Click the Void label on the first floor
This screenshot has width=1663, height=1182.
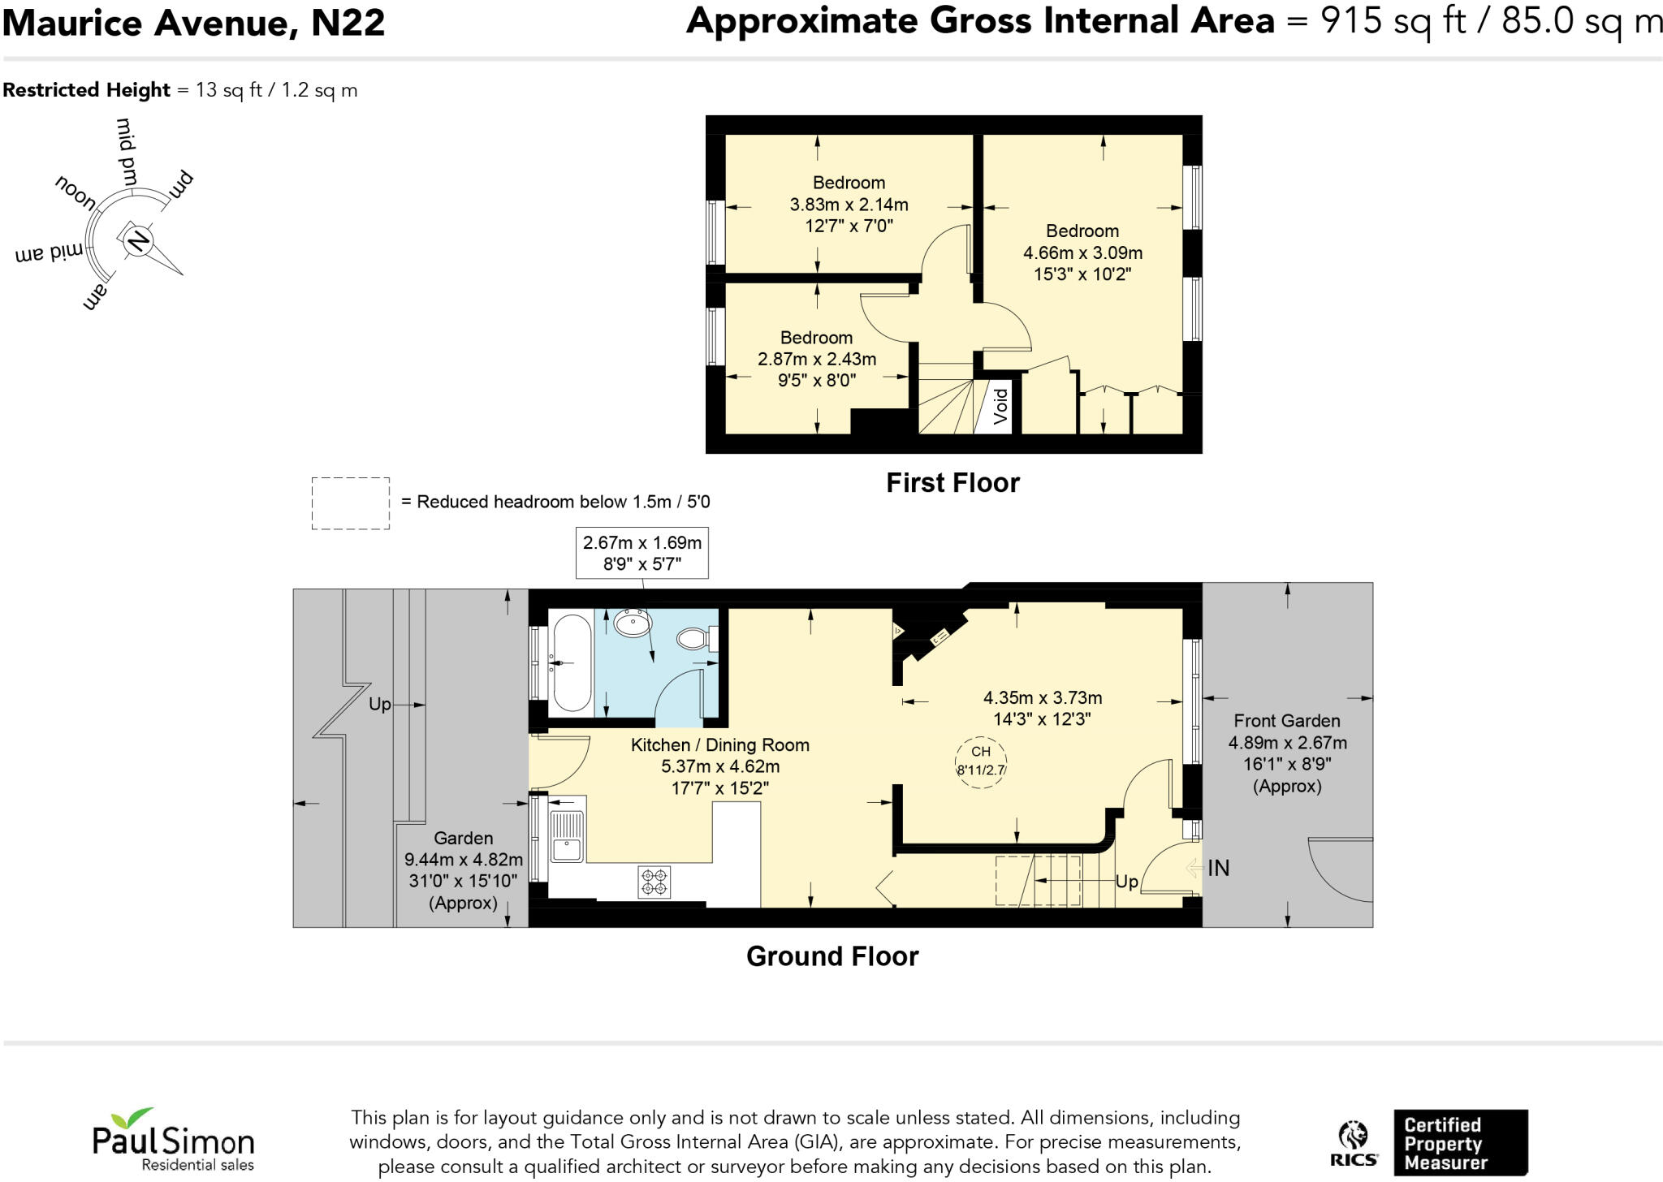(x=1000, y=405)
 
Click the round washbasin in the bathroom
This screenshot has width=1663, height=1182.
(x=633, y=623)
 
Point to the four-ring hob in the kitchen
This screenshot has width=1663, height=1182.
(x=654, y=882)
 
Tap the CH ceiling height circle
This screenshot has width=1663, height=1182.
(x=981, y=761)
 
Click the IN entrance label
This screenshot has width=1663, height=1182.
(x=1218, y=868)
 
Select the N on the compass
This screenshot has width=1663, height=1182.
(x=138, y=240)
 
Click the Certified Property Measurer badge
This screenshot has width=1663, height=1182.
(x=1460, y=1143)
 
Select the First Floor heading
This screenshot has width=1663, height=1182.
(x=952, y=483)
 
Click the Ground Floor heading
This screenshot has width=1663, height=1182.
(x=832, y=956)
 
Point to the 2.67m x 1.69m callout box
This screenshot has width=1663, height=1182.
(x=641, y=553)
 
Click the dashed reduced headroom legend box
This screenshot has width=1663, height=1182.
(x=350, y=503)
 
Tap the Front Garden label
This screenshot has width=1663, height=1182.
(x=1287, y=721)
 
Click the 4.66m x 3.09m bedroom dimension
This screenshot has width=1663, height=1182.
(x=1082, y=252)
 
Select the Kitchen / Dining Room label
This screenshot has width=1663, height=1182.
(x=720, y=744)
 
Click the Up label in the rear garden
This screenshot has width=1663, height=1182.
(x=379, y=704)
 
